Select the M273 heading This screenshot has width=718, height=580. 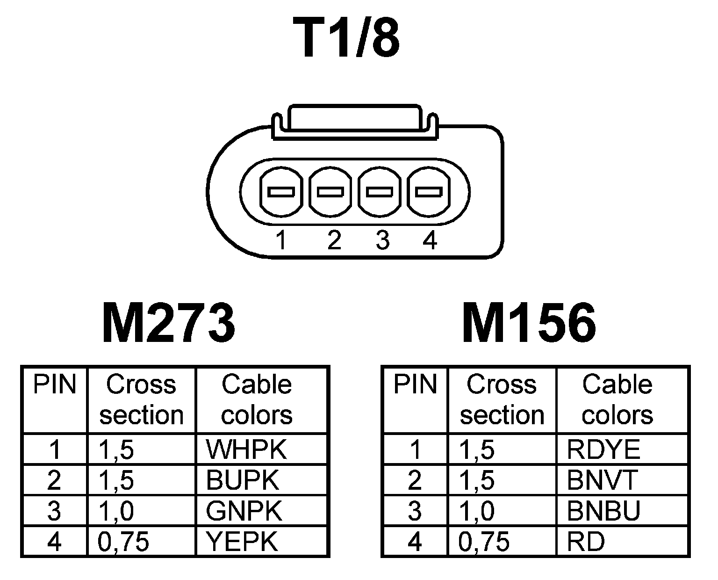[168, 323]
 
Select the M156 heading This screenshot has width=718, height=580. [529, 323]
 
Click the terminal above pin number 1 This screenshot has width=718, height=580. [280, 192]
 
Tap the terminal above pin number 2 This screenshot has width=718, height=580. [330, 192]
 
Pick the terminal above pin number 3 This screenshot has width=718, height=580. [380, 192]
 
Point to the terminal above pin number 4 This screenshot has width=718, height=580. [429, 192]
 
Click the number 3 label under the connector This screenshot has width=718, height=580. [382, 241]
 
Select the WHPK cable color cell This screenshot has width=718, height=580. [260, 449]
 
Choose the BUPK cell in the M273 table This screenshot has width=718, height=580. [260, 480]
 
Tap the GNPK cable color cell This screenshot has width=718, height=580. [260, 511]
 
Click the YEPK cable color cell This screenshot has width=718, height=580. [260, 542]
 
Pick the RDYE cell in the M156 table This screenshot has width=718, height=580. [622, 449]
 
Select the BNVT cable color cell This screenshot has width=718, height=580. [622, 480]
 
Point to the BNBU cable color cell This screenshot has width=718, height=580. [622, 511]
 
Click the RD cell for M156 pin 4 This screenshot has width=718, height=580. [622, 542]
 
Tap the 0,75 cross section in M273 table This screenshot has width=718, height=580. [141, 542]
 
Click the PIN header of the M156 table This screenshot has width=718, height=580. [415, 384]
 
